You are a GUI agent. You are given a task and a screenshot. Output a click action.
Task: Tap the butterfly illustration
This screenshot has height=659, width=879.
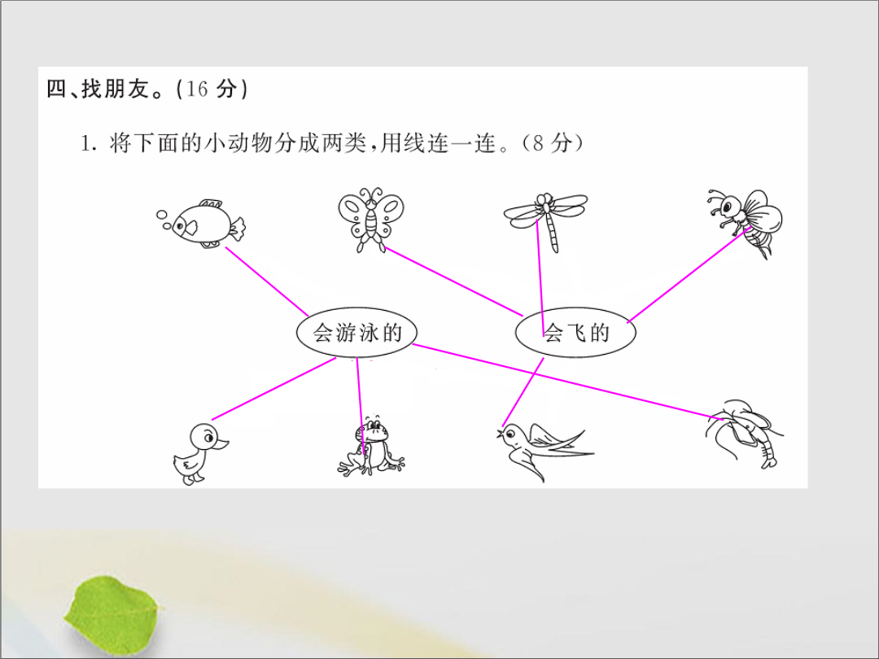(x=371, y=220)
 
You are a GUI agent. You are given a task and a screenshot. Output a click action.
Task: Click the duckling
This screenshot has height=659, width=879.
(x=200, y=453)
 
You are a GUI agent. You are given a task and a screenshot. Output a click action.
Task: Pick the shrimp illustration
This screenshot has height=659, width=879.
(x=744, y=434)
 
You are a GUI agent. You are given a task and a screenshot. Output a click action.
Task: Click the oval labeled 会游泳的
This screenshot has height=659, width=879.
(x=356, y=332)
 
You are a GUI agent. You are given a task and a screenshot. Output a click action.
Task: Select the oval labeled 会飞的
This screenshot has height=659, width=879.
(x=575, y=332)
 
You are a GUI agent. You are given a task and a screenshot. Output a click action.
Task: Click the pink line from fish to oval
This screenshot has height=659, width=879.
(x=267, y=281)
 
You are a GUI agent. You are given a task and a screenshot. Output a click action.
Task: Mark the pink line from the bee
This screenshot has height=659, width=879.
(x=689, y=275)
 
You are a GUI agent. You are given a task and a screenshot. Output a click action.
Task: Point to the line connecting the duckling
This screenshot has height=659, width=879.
(x=273, y=388)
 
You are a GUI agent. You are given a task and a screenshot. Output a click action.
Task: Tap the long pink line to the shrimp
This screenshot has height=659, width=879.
(x=568, y=382)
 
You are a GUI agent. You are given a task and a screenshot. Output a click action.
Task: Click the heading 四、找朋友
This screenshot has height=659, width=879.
(x=98, y=89)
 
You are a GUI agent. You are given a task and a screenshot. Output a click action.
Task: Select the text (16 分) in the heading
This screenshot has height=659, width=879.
(x=212, y=89)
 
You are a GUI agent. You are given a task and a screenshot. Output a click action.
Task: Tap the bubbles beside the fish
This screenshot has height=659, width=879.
(x=164, y=220)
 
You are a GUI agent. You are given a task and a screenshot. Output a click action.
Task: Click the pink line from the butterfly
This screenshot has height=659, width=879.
(x=453, y=281)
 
